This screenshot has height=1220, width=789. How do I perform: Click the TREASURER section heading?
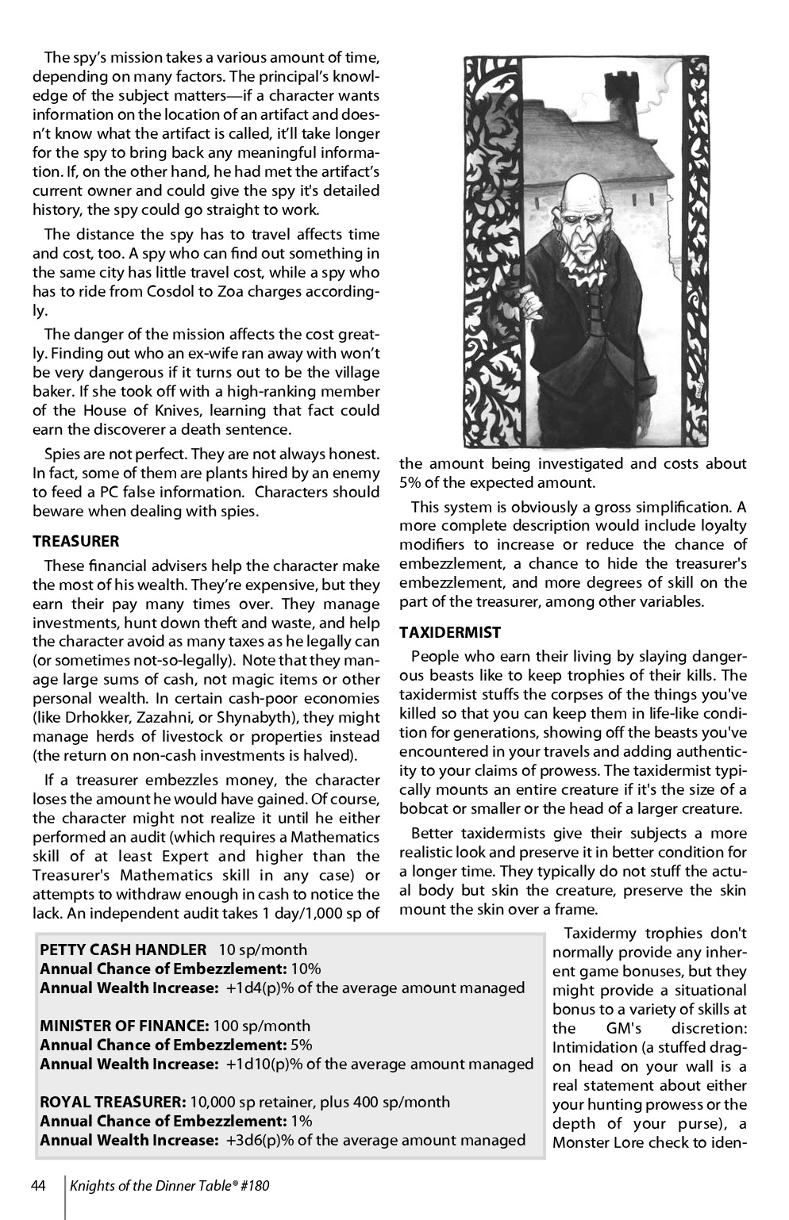point(75,541)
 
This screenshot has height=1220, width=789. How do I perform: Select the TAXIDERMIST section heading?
point(450,632)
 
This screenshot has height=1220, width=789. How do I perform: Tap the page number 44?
point(39,1186)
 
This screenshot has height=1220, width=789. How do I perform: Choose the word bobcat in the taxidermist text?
point(425,809)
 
